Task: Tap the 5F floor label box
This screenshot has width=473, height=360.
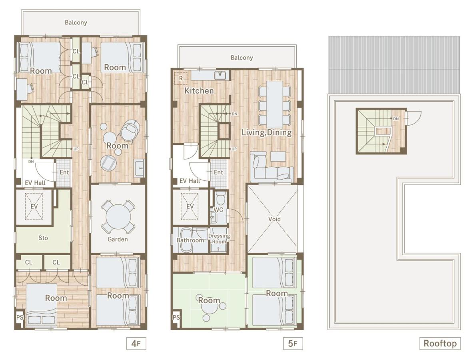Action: coord(293,343)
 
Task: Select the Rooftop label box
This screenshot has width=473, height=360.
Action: coord(440,343)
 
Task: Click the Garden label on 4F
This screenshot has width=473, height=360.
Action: coord(118,239)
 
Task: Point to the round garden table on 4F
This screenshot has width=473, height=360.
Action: coord(118,216)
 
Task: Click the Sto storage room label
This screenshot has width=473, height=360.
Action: coord(43,238)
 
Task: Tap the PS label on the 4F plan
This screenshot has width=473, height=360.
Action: coord(20,317)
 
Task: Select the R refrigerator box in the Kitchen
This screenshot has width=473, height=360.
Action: coord(181,78)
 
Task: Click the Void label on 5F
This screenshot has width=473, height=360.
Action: coord(274,219)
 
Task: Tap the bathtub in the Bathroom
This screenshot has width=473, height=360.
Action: coord(186,240)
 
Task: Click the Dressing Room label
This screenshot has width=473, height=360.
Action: coord(219,238)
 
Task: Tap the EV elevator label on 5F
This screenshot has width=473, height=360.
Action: coord(190,206)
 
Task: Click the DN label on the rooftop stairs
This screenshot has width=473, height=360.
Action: coord(396,119)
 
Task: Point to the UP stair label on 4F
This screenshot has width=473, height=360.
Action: coord(76,149)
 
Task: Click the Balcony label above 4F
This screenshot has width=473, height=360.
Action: coord(76,22)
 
